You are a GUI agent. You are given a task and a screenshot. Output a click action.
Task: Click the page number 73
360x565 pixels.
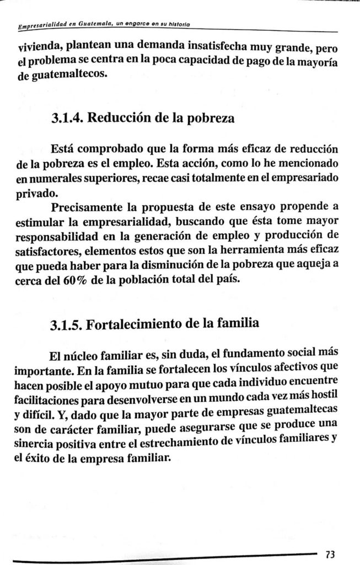[x=331, y=553]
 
